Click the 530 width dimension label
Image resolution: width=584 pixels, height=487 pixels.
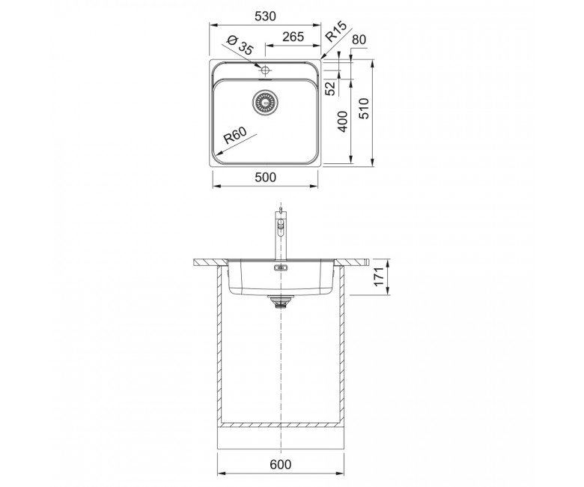pos(265,16)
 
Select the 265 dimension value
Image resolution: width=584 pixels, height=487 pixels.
pos(293,37)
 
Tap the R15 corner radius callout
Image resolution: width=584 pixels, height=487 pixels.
pos(335,31)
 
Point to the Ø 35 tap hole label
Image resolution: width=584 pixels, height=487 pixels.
pos(240,45)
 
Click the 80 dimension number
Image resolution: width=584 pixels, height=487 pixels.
pos(359,40)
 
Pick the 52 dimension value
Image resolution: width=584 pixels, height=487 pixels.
pos(330,88)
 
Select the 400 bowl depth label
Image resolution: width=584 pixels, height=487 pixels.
pos(343,121)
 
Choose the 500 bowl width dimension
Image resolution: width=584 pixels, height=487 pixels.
pos(266,178)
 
